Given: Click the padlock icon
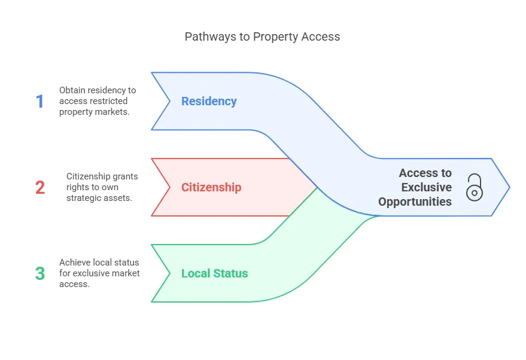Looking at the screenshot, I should pyautogui.click(x=474, y=187).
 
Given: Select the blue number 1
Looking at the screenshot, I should pyautogui.click(x=40, y=102).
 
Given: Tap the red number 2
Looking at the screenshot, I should pyautogui.click(x=40, y=188).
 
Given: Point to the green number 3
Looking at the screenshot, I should pyautogui.click(x=40, y=274).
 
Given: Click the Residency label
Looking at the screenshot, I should pyautogui.click(x=209, y=101).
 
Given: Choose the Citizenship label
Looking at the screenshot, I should pyautogui.click(x=211, y=187).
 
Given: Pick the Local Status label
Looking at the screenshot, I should pyautogui.click(x=214, y=273).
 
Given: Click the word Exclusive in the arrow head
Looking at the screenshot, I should pyautogui.click(x=427, y=187).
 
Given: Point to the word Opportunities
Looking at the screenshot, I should pyautogui.click(x=415, y=202).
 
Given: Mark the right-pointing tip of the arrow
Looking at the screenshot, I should pyautogui.click(x=509, y=187).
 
